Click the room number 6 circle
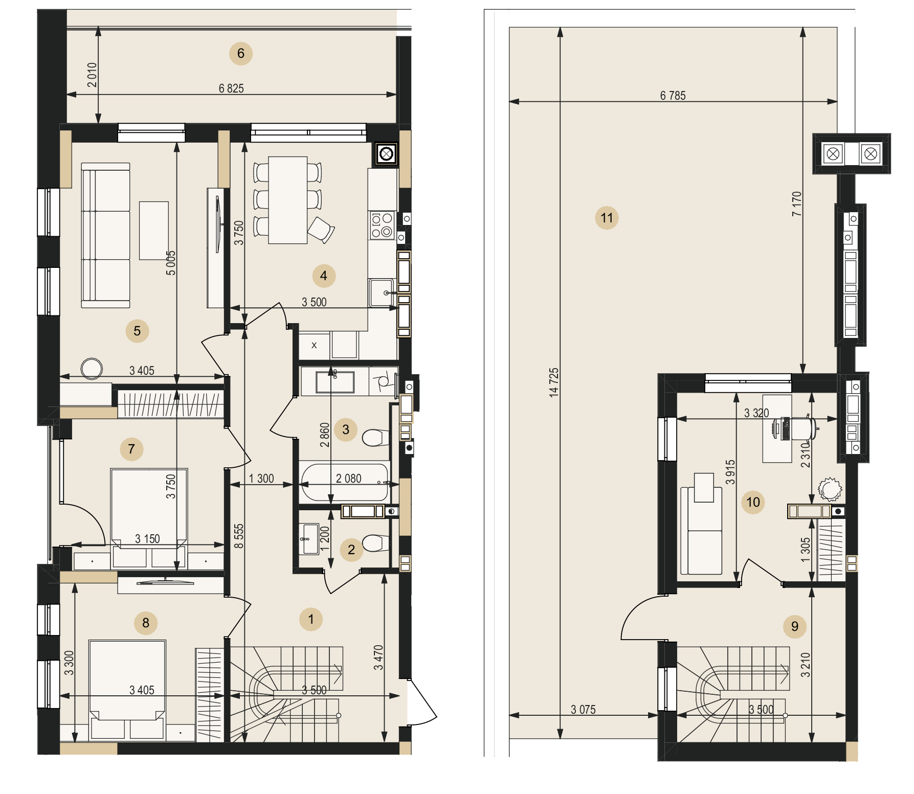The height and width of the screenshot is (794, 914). [241, 53]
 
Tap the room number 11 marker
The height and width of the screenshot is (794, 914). [607, 218]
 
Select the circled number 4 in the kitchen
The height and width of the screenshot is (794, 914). [324, 276]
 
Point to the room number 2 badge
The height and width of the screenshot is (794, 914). [351, 550]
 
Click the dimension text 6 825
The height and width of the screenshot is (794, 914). [231, 88]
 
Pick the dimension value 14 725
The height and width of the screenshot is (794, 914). [553, 382]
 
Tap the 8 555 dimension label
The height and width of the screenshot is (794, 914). [239, 536]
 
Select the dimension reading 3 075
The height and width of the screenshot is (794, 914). [583, 710]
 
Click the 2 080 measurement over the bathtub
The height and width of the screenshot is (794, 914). [348, 479]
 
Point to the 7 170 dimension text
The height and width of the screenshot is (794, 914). [796, 203]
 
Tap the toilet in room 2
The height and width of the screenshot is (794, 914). [376, 543]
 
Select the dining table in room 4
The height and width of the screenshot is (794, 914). [287, 200]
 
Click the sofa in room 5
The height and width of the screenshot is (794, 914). [105, 235]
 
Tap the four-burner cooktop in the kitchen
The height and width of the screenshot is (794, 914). [382, 225]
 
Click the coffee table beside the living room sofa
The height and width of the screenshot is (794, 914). [154, 231]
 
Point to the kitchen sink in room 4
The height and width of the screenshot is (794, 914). [381, 292]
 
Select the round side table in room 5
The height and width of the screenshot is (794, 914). [92, 369]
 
